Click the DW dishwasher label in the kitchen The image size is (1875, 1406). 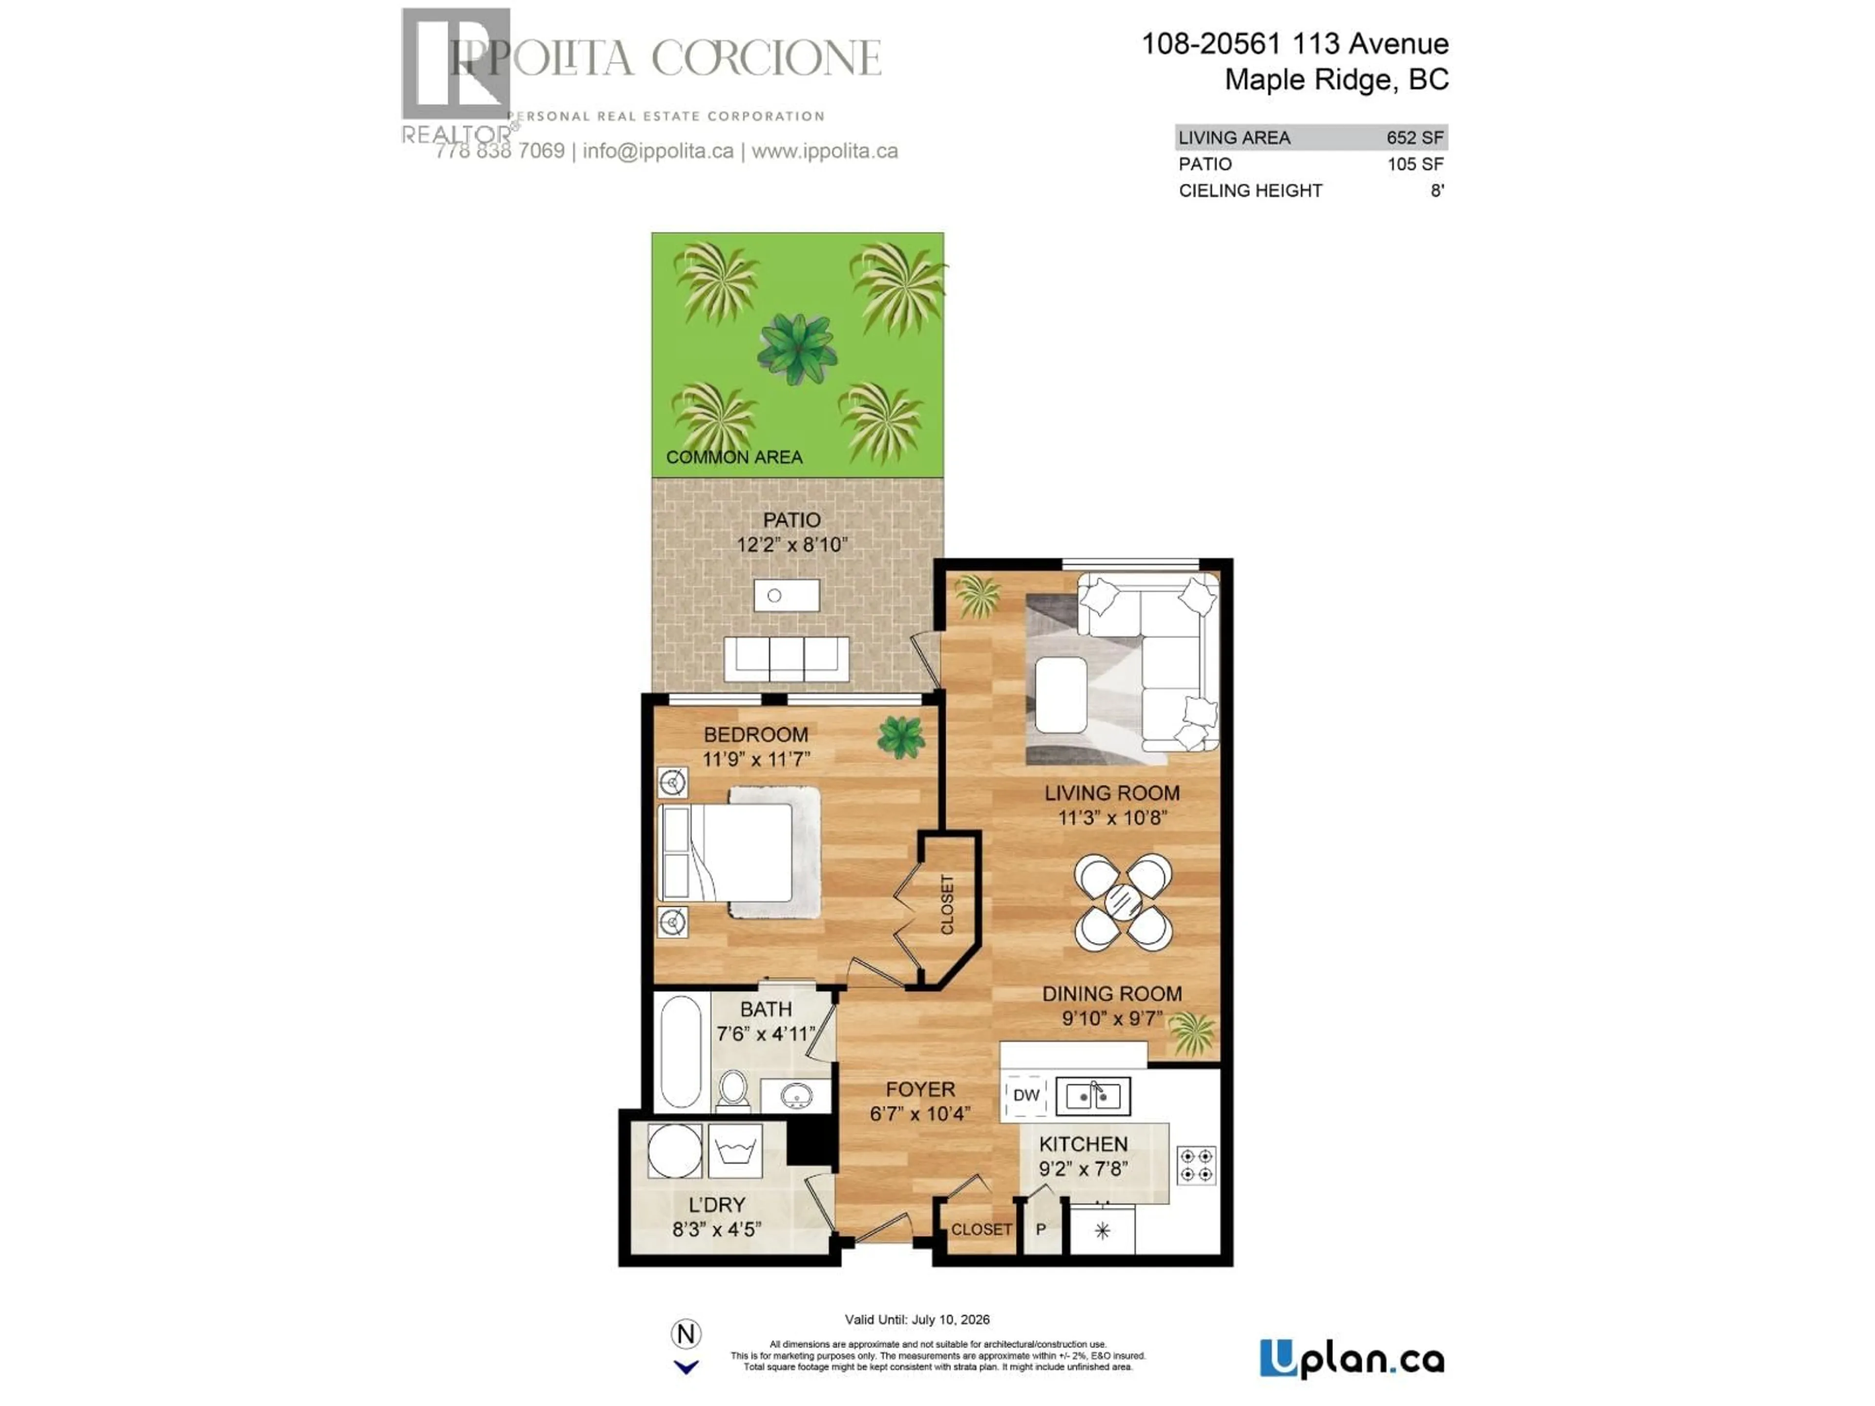pos(1026,1095)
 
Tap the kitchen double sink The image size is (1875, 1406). pos(1093,1096)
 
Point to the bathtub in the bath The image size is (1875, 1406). pos(681,1051)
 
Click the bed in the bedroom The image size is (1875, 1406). pos(737,852)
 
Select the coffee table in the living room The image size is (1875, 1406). pos(1061,695)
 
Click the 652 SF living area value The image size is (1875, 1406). pos(1415,137)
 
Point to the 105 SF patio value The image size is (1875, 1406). pos(1415,165)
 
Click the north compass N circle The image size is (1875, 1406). pos(686,1335)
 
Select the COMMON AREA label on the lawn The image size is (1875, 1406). pos(734,457)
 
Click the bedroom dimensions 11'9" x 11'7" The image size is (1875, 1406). pos(756,759)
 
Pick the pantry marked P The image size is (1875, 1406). pos(1041,1229)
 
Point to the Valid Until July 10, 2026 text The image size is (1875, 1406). pos(917,1320)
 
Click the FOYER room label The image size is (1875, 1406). pos(920,1090)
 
